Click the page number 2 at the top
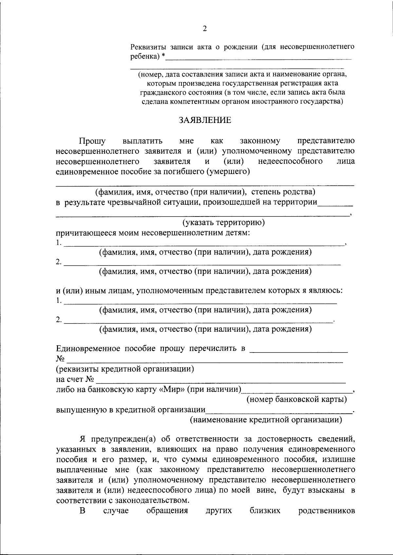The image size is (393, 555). [x=205, y=29]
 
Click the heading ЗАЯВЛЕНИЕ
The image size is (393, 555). [x=205, y=120]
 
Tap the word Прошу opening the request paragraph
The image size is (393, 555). [x=92, y=141]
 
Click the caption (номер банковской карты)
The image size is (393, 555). [x=297, y=399]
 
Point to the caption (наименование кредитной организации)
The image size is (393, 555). [x=266, y=420]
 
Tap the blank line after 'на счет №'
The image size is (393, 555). [x=221, y=380]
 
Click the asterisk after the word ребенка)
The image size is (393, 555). [x=163, y=57]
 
